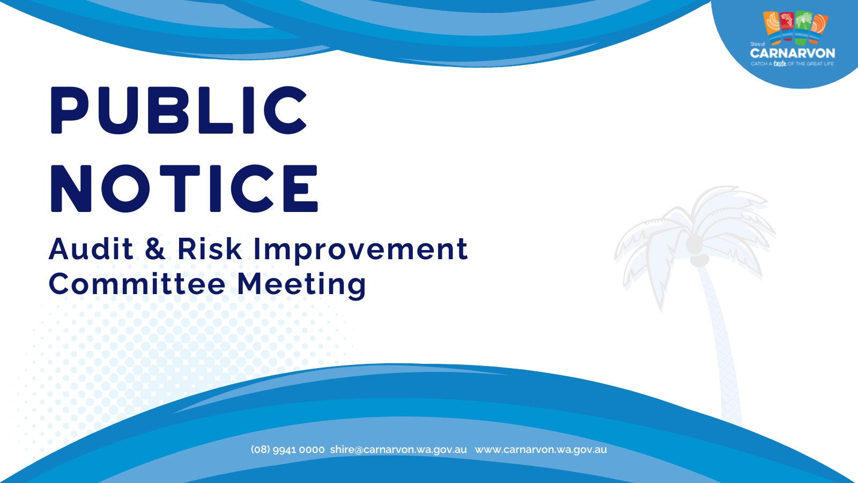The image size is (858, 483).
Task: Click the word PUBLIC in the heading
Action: [x=179, y=110]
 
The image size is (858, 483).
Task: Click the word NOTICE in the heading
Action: [x=184, y=188]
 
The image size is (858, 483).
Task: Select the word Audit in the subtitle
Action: [x=91, y=248]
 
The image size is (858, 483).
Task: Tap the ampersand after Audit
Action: [x=155, y=248]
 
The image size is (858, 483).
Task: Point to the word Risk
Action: [x=210, y=248]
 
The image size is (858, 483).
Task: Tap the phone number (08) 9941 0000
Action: [x=287, y=450]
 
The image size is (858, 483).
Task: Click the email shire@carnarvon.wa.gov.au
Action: [x=398, y=450]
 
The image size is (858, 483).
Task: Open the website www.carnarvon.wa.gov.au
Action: [x=541, y=450]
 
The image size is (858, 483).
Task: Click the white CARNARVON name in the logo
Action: [x=793, y=53]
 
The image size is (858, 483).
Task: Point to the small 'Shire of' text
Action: [x=757, y=44]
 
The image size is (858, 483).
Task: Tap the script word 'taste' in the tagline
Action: [x=780, y=63]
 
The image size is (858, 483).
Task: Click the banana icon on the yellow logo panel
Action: [x=772, y=23]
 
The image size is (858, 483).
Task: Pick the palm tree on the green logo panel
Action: [x=804, y=22]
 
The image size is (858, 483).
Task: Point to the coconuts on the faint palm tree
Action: [x=695, y=251]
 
